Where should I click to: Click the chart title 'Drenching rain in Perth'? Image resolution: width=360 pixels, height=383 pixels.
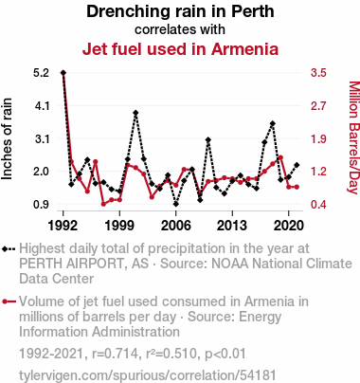(x=180, y=11)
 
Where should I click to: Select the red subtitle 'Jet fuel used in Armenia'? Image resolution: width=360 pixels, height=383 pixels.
(x=180, y=49)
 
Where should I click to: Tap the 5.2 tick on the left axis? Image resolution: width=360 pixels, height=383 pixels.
(x=42, y=73)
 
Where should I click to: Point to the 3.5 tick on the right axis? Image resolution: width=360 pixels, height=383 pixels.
(x=318, y=73)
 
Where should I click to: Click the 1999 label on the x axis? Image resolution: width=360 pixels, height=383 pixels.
(x=119, y=226)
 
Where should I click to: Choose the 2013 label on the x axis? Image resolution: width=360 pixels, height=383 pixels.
(x=232, y=226)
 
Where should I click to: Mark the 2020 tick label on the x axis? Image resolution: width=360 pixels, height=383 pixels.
(x=288, y=226)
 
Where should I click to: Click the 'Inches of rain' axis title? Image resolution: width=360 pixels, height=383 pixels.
(x=7, y=139)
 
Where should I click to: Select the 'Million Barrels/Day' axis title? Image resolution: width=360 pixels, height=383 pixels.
(x=354, y=137)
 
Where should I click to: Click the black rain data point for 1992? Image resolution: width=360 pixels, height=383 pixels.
(x=63, y=73)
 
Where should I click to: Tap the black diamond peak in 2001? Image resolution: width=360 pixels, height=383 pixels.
(x=135, y=113)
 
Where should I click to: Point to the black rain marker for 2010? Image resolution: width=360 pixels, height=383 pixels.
(x=208, y=139)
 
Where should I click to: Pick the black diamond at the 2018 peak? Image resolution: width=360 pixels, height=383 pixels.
(x=273, y=123)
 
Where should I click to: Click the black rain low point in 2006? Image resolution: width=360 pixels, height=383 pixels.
(x=176, y=204)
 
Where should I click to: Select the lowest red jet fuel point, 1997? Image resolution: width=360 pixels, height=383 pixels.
(x=103, y=204)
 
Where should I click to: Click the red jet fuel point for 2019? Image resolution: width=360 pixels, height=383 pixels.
(x=280, y=157)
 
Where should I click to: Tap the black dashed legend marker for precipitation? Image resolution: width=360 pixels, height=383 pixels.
(x=9, y=249)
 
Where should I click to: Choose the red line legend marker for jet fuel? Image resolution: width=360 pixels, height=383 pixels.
(x=9, y=301)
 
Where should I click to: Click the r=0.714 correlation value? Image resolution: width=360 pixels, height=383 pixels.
(x=115, y=354)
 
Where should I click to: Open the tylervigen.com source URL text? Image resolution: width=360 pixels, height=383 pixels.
(x=148, y=375)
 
